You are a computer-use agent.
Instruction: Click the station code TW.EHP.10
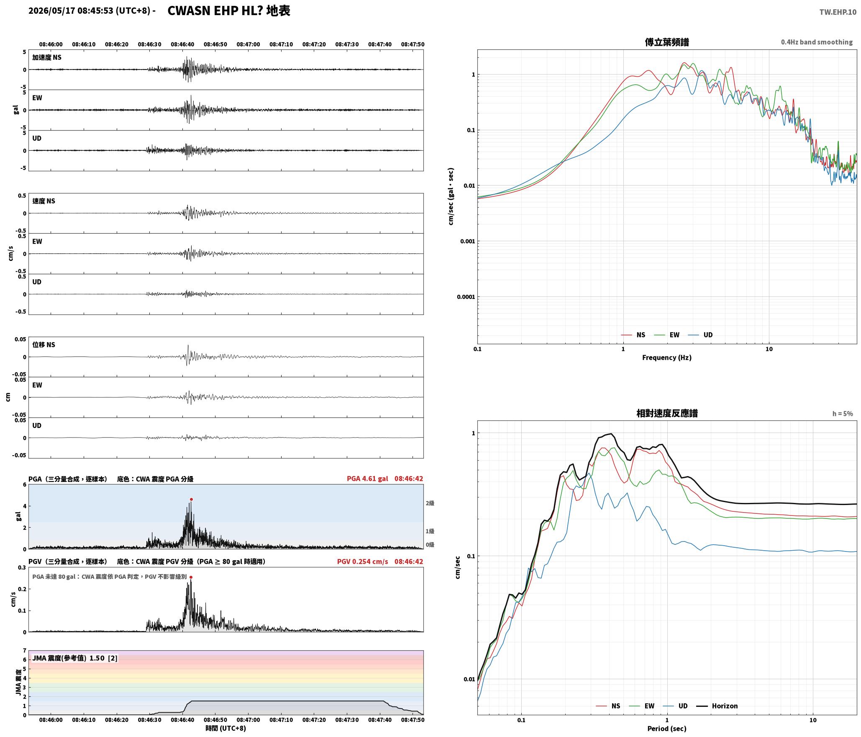pyautogui.click(x=838, y=12)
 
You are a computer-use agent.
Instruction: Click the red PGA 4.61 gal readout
pyautogui.click(x=367, y=479)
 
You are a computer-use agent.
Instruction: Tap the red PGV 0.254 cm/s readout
pyautogui.click(x=362, y=562)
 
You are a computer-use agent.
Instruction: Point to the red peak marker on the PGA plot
pyautogui.click(x=191, y=499)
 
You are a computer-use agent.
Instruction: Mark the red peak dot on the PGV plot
pyautogui.click(x=191, y=577)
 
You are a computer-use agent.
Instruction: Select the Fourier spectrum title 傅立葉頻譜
pyautogui.click(x=667, y=42)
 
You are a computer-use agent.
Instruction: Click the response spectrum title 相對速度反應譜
pyautogui.click(x=667, y=413)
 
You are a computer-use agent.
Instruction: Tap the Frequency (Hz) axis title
pyautogui.click(x=667, y=358)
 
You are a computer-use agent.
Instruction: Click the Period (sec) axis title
pyautogui.click(x=667, y=729)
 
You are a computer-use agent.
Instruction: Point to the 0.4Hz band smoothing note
pyautogui.click(x=817, y=42)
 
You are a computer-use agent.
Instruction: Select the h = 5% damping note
pyautogui.click(x=843, y=414)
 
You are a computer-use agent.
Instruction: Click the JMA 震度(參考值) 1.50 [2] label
pyautogui.click(x=75, y=658)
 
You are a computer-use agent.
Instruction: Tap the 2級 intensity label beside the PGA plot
pyautogui.click(x=430, y=503)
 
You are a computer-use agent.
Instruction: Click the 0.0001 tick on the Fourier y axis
pyautogui.click(x=465, y=297)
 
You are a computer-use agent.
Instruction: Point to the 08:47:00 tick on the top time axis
pyautogui.click(x=248, y=44)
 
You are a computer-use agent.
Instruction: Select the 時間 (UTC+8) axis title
pyautogui.click(x=225, y=729)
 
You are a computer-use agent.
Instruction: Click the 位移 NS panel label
pyautogui.click(x=44, y=345)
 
